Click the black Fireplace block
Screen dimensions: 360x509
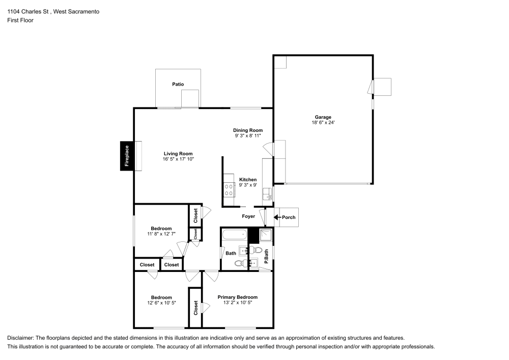127,156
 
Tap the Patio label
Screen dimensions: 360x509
178,84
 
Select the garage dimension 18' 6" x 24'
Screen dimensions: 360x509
323,123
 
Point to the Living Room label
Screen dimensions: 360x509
178,153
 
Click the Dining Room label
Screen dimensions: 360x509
248,130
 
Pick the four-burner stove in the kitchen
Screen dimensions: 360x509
229,190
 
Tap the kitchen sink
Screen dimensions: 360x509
266,194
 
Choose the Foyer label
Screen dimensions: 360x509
248,216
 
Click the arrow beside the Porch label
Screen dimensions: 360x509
277,217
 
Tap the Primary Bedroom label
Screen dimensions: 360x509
237,297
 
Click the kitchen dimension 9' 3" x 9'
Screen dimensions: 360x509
248,185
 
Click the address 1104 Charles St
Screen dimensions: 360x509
31,11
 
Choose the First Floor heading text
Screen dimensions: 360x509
20,20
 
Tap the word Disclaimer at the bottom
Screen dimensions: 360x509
20,338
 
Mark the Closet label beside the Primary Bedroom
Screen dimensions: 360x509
195,308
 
